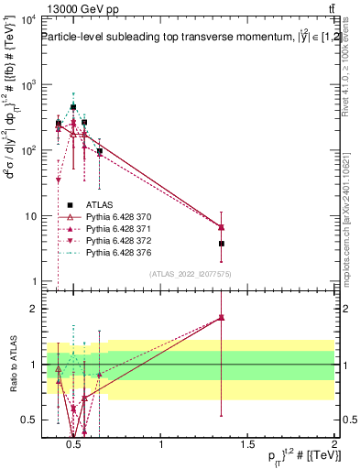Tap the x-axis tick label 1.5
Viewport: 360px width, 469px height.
click(x=248, y=444)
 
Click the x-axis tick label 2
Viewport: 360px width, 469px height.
click(x=334, y=444)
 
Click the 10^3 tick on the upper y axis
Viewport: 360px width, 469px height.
click(x=26, y=85)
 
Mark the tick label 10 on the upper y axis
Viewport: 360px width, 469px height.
click(x=27, y=216)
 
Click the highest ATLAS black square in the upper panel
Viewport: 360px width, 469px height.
click(x=73, y=107)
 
